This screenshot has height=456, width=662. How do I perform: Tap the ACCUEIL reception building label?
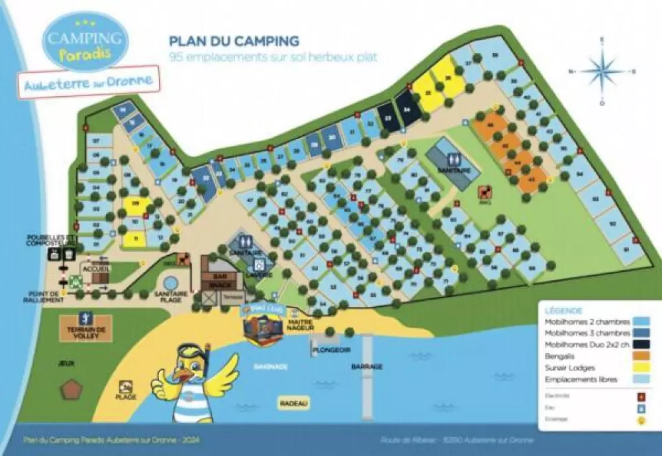[97, 268]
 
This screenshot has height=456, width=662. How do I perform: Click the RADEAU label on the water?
[294, 403]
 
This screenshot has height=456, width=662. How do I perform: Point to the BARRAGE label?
[366, 366]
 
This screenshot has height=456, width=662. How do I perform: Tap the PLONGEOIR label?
[331, 349]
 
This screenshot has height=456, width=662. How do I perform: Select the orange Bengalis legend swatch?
[640, 356]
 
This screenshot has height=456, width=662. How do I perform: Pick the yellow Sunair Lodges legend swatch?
[640, 368]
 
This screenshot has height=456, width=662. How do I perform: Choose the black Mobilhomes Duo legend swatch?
[640, 345]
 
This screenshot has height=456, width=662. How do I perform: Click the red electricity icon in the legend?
[640, 396]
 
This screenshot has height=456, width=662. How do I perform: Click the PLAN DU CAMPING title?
[234, 42]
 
